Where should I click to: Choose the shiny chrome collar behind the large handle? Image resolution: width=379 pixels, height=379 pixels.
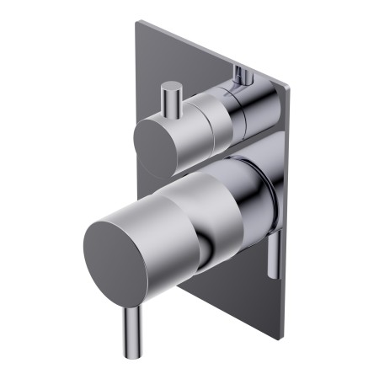pos(253,202)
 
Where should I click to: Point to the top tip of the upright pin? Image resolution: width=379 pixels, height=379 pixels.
pos(173,86)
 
